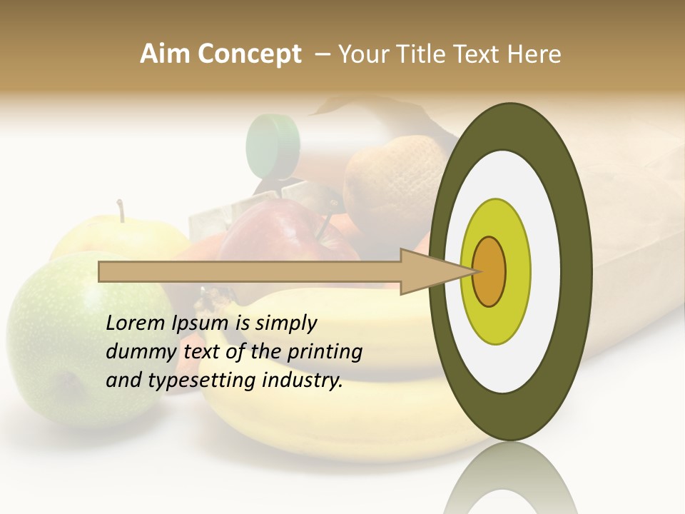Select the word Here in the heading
click(x=535, y=54)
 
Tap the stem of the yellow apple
click(x=121, y=211)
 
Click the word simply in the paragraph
click(x=285, y=323)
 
